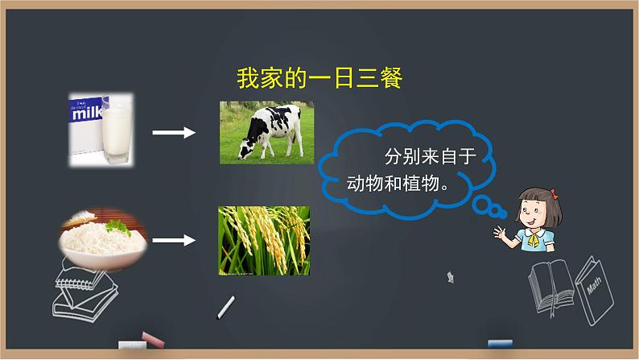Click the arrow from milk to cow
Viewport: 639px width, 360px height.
pos(174,132)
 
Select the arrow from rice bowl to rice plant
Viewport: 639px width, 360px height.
pos(174,240)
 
